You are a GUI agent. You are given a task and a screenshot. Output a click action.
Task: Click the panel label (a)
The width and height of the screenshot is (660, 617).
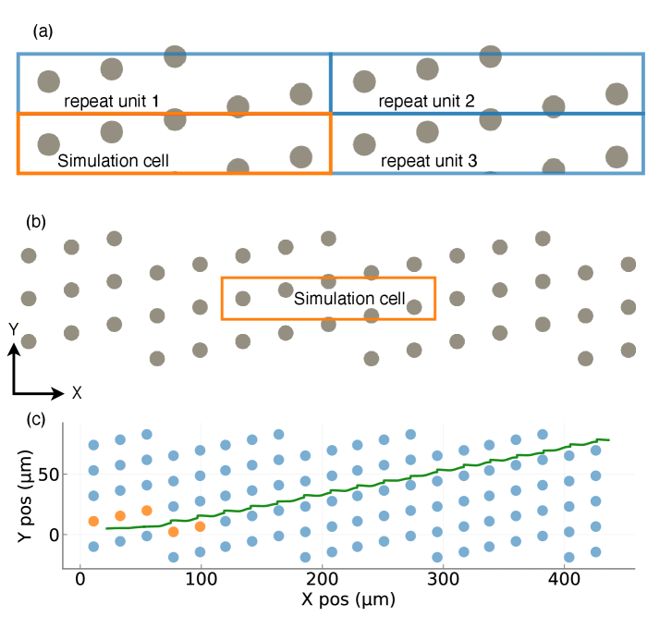pyautogui.click(x=42, y=31)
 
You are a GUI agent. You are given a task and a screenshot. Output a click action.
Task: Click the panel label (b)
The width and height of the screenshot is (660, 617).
pyautogui.click(x=42, y=222)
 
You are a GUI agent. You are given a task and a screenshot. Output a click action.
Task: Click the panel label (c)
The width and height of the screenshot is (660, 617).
pyautogui.click(x=42, y=419)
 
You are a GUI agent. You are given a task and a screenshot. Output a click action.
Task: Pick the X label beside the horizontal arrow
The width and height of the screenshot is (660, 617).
pyautogui.click(x=77, y=392)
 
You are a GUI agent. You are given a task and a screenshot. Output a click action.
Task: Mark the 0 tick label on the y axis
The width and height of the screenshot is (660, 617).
pyautogui.click(x=65, y=535)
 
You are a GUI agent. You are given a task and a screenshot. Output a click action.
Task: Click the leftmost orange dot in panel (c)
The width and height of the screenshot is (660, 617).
pyautogui.click(x=92, y=522)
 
